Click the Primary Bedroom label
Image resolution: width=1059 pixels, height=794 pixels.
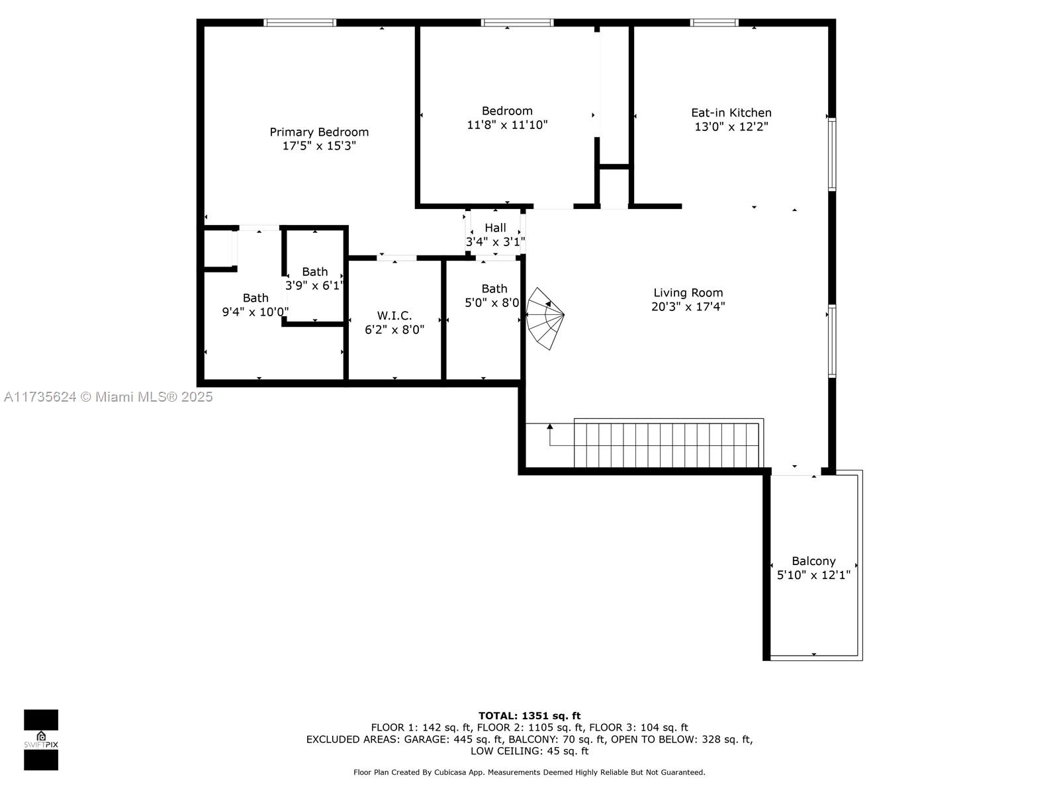pos(319,132)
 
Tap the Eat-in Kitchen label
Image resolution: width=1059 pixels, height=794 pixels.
pos(731,112)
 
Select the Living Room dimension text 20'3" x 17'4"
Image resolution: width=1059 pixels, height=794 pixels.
pos(688,306)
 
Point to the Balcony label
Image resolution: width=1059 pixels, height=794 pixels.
pos(813,561)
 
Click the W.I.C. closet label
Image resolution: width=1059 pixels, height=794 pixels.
pos(394,316)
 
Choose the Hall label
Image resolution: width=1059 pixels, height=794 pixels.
pos(496,228)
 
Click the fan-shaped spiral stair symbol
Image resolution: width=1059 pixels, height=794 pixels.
pos(545,318)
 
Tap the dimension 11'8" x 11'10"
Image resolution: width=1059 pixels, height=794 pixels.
pos(507,125)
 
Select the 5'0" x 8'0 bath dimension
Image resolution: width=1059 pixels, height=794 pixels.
pos(492,303)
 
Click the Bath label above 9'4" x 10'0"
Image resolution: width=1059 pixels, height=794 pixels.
pos(255,298)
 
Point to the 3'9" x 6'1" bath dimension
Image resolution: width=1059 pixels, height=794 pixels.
pos(314,285)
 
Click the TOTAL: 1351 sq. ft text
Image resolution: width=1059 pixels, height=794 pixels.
pos(529,716)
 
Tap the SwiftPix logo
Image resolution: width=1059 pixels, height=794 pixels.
pos(41,740)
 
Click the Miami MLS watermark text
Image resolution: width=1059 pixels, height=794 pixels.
pos(108,397)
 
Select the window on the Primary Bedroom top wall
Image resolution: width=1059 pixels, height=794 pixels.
pos(300,22)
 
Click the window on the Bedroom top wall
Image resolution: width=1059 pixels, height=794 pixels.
pos(517,22)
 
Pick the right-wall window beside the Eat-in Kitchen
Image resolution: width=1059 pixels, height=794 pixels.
pos(832,154)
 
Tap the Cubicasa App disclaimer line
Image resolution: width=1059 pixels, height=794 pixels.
pos(529,772)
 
